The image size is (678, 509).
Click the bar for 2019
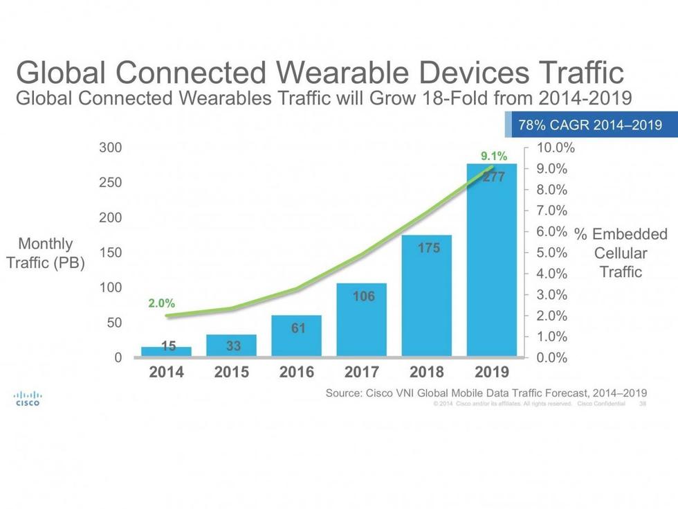(x=492, y=263)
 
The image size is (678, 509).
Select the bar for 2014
(x=167, y=352)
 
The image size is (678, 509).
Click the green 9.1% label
(x=495, y=156)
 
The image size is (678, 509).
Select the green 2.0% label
(x=161, y=303)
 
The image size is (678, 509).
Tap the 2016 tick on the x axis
(x=297, y=372)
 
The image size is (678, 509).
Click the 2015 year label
(x=232, y=372)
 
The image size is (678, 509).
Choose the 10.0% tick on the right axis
(x=556, y=148)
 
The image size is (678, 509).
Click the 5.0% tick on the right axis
(x=552, y=253)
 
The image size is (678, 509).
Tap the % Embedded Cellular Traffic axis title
(x=621, y=253)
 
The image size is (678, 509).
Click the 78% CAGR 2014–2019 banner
(x=590, y=125)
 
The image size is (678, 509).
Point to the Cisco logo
(x=28, y=398)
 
